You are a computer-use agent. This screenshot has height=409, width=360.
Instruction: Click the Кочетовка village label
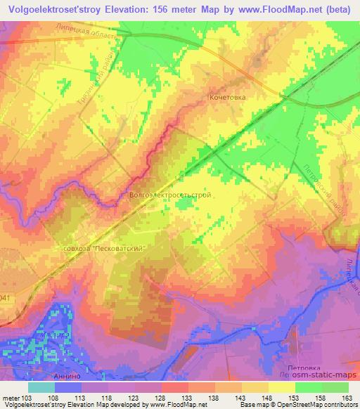pyautogui.click(x=227, y=98)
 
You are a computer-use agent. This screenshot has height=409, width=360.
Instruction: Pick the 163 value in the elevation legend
pyautogui.click(x=347, y=398)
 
